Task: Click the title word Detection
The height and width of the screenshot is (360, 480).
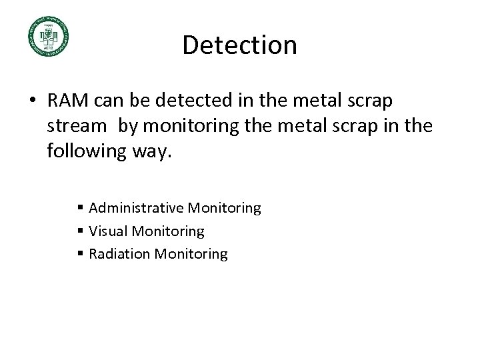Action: (x=239, y=45)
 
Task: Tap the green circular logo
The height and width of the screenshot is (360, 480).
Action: (x=48, y=36)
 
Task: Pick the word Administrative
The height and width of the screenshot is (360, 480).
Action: (x=135, y=209)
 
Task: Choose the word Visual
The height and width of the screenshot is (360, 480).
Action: (x=109, y=231)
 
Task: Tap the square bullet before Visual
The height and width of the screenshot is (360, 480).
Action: (x=81, y=232)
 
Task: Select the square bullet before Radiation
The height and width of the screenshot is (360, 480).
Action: (x=81, y=255)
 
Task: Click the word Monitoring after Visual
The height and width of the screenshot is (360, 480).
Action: (x=168, y=231)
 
